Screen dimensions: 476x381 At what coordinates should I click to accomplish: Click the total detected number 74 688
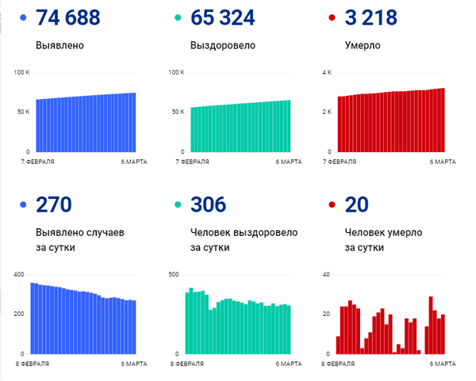click(68, 17)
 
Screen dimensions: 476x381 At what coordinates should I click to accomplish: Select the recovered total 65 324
click(222, 17)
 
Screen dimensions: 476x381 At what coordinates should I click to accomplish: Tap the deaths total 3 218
click(371, 17)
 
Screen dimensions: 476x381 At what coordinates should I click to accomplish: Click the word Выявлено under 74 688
click(59, 45)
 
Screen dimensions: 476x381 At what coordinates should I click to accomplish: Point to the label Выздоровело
click(223, 45)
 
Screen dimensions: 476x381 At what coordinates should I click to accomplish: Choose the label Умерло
click(363, 45)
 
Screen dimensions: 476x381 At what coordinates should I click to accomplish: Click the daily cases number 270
click(54, 204)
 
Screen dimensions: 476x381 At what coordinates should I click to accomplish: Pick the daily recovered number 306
click(208, 204)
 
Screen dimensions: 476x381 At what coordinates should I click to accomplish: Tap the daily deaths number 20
click(357, 204)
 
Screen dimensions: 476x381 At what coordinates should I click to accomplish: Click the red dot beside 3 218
click(332, 17)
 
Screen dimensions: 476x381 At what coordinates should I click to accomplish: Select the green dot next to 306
click(178, 205)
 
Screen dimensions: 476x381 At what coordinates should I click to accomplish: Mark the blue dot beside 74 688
click(23, 17)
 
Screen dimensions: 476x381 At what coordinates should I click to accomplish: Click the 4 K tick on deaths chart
click(327, 72)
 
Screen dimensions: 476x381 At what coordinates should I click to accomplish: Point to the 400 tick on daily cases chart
click(19, 275)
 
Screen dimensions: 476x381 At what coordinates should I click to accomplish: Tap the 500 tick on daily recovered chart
click(174, 275)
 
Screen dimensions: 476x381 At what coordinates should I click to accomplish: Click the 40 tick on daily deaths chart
click(326, 275)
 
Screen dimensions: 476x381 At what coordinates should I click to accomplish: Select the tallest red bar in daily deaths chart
click(431, 326)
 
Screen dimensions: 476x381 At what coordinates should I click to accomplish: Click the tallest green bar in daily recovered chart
click(191, 321)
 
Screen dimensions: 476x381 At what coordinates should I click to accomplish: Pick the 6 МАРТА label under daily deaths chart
click(443, 364)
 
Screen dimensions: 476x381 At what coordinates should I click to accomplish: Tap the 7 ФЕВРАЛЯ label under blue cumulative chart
click(37, 162)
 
